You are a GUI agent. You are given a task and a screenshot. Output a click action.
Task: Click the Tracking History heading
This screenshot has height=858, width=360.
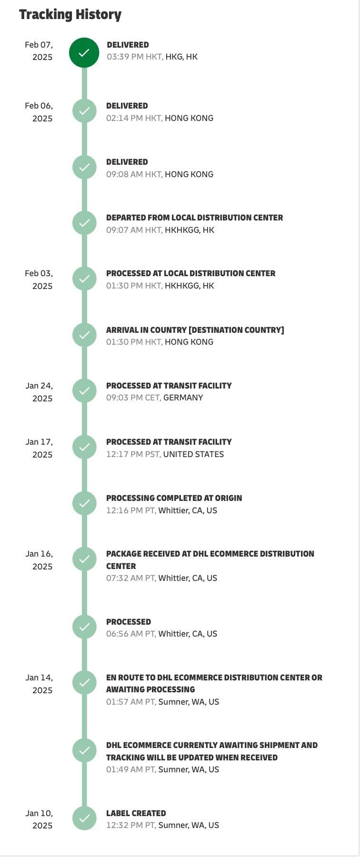tap(70, 14)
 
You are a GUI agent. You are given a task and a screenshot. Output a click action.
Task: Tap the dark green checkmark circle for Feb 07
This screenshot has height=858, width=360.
tap(84, 53)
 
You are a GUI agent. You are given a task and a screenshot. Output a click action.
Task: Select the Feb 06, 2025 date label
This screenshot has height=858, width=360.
tap(39, 112)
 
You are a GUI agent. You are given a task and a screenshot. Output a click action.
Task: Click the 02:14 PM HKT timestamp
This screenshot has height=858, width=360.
tap(134, 118)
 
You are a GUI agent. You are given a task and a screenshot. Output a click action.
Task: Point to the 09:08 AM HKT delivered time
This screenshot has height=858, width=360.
tap(134, 174)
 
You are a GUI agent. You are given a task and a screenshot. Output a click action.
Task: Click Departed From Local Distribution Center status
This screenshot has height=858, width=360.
tap(194, 218)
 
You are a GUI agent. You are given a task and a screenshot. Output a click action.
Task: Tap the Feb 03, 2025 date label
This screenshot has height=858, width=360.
tap(39, 279)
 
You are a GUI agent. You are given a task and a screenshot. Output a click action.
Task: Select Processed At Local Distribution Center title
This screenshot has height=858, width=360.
tap(190, 273)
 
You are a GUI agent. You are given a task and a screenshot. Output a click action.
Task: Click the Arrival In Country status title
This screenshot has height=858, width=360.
tap(195, 330)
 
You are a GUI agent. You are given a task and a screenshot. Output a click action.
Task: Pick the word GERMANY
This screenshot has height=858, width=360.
tap(183, 398)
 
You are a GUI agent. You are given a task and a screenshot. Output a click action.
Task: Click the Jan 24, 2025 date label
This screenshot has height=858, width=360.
tap(39, 392)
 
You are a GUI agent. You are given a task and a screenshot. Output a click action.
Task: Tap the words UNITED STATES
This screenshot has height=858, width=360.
tap(193, 454)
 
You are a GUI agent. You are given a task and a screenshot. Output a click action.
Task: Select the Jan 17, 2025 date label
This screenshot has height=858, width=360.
tap(39, 448)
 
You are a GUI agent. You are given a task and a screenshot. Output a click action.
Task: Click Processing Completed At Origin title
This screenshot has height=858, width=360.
tap(174, 498)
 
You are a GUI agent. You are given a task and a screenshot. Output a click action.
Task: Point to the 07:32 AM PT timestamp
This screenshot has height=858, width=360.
tap(131, 578)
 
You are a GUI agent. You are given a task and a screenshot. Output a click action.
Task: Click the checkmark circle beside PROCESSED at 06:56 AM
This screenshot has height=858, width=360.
tap(84, 627)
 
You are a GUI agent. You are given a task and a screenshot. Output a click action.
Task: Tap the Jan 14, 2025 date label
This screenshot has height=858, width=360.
tap(39, 684)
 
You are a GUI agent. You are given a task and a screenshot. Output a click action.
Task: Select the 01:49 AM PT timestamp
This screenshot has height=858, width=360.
tap(131, 769)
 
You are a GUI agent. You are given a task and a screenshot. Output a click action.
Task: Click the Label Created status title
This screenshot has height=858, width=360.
tap(136, 813)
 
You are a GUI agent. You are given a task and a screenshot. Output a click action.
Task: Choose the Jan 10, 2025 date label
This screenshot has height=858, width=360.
tap(39, 819)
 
